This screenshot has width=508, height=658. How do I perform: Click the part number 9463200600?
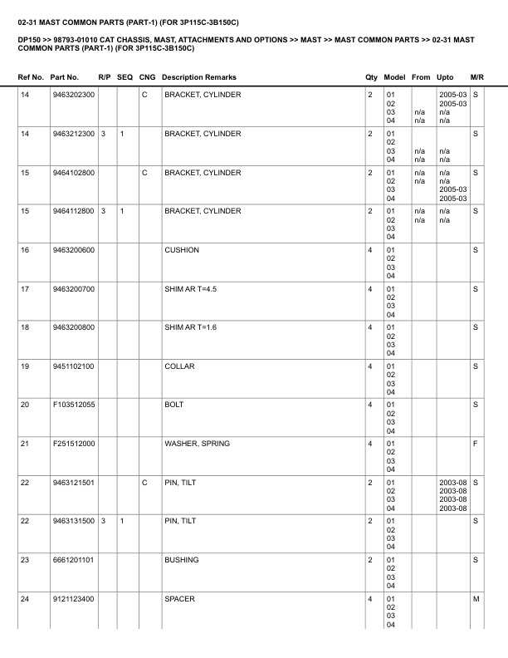click(x=72, y=250)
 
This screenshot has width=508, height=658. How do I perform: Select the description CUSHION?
click(x=181, y=250)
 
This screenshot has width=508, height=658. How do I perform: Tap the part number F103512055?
click(x=72, y=405)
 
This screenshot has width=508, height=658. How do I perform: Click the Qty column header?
click(x=371, y=77)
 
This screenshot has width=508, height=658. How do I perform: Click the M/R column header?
click(x=476, y=77)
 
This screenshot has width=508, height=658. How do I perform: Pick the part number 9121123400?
click(x=72, y=600)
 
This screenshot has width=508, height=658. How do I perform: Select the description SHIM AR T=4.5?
click(x=190, y=289)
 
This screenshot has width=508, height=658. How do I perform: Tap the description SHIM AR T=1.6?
click(x=190, y=328)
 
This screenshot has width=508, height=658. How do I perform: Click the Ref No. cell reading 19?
click(x=24, y=366)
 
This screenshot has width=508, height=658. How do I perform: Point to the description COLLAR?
click(x=179, y=366)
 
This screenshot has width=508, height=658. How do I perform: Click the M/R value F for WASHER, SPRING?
click(x=476, y=444)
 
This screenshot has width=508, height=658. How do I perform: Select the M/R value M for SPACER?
click(x=476, y=600)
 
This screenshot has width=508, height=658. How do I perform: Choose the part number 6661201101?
click(x=72, y=561)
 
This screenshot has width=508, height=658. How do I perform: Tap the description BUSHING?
click(x=181, y=561)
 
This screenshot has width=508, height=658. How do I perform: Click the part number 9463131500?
click(x=72, y=522)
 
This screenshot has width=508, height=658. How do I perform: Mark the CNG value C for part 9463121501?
click(x=144, y=483)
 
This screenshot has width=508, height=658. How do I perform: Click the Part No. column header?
click(x=64, y=77)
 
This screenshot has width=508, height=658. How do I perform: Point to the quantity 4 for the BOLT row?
click(x=369, y=405)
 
